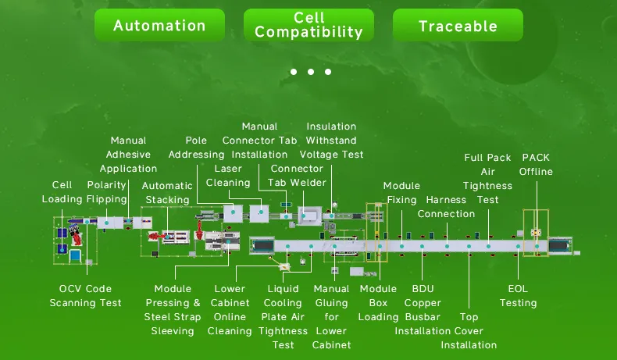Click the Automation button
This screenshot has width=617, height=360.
[x=159, y=26]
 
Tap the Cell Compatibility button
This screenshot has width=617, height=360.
[x=308, y=26]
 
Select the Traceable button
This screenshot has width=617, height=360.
[x=458, y=26]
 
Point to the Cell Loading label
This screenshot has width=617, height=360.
[x=62, y=192]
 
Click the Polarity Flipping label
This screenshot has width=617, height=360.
[x=106, y=192]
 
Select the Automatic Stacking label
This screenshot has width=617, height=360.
[x=167, y=193]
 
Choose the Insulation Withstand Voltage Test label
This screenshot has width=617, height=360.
[x=331, y=141]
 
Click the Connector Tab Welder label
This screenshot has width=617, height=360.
[x=297, y=176]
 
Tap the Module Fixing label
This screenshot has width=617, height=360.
[x=401, y=193]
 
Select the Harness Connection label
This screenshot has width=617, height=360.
[x=447, y=207]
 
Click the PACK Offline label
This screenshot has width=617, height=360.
[x=536, y=165]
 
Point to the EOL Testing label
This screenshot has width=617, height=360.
[x=519, y=296]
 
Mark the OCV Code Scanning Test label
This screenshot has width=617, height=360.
[x=85, y=296]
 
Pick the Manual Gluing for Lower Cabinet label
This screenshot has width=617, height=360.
[x=332, y=317]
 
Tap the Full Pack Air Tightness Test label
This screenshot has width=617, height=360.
[x=488, y=178]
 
